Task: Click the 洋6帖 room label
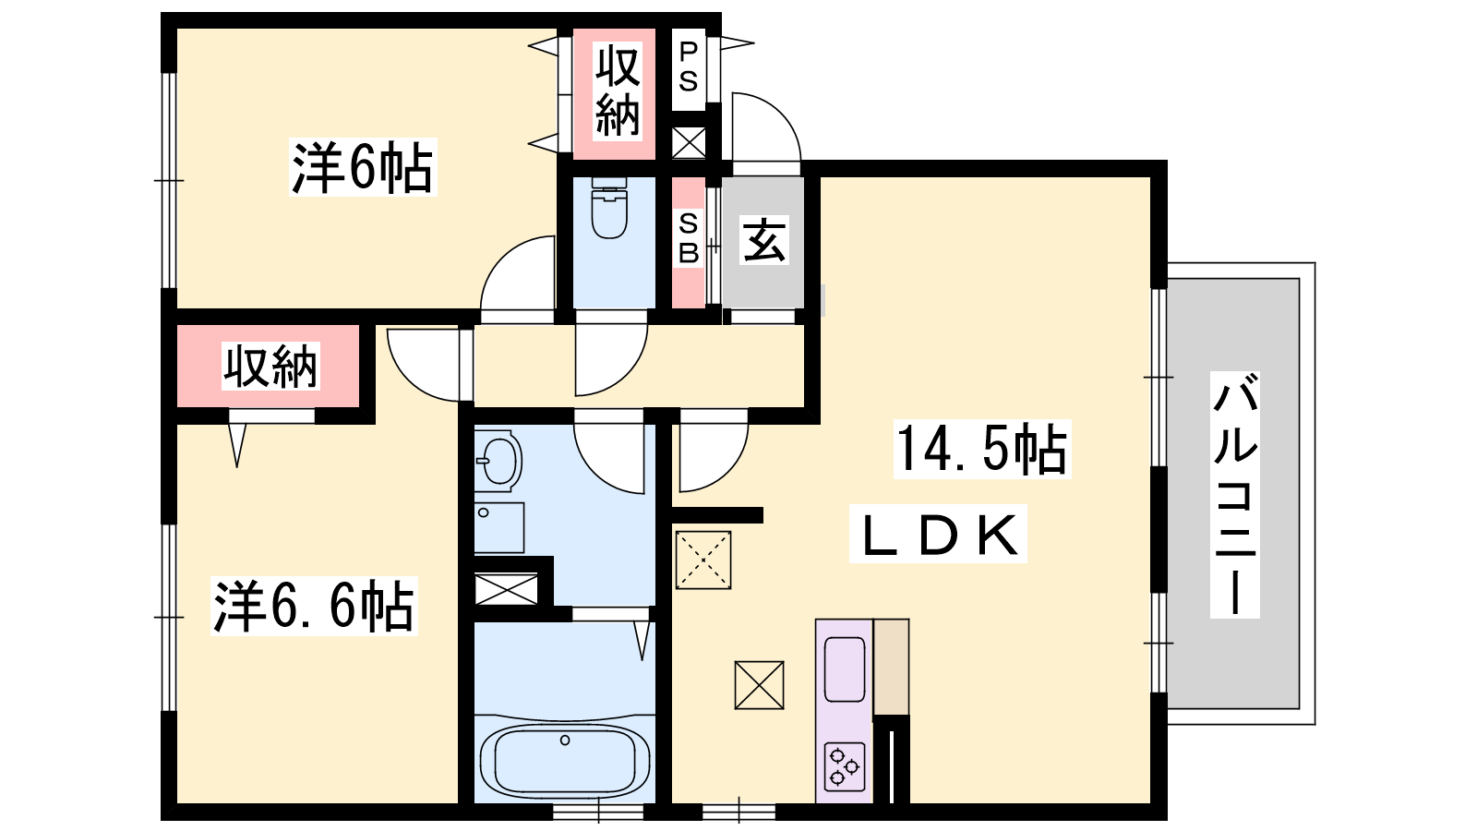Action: point(362,167)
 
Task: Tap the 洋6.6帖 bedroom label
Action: point(314,606)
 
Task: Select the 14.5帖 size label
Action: point(982,449)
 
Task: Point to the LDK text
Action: point(938,535)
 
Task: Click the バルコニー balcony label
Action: point(1235,495)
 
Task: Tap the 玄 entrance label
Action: point(764,240)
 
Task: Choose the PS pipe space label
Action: point(688,66)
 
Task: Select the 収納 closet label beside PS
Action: point(618,90)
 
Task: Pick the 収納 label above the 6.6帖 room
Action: point(270,366)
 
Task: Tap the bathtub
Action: point(565,762)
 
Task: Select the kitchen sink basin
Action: point(845,669)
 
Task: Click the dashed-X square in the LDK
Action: point(703,560)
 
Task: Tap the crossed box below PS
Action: point(689,143)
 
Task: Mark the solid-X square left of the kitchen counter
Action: point(760,685)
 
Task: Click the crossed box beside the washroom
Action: point(506,590)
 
